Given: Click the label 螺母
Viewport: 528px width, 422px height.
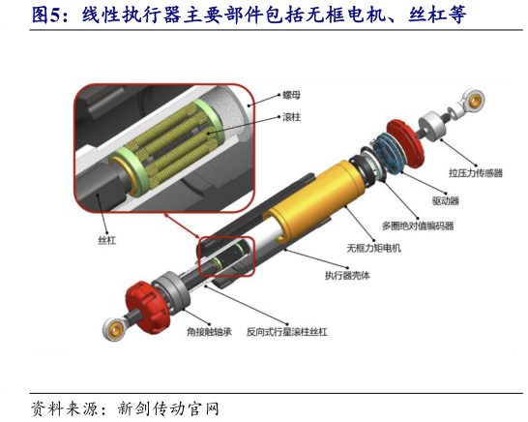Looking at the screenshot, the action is (291, 96).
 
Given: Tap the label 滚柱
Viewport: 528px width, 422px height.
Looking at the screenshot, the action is (291, 117).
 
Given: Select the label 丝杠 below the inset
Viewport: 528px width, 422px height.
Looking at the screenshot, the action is (107, 240).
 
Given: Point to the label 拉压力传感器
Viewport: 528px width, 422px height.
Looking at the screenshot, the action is (476, 173).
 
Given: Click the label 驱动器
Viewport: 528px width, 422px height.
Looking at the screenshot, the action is (446, 201).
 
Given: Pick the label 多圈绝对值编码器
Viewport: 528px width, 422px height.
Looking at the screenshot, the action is (418, 226).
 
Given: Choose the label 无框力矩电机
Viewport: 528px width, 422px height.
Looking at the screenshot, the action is (374, 248).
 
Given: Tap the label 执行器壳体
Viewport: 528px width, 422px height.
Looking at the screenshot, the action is (347, 276).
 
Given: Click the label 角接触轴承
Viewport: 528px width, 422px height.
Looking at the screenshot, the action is (210, 332).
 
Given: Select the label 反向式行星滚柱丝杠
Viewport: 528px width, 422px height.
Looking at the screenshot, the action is (287, 332).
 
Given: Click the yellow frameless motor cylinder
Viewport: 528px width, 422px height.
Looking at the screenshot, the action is (316, 198).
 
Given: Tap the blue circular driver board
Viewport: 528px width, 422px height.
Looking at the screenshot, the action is (390, 153).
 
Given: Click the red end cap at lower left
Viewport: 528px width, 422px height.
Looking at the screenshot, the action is (148, 307).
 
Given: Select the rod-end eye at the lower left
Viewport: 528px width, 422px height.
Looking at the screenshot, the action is (115, 329).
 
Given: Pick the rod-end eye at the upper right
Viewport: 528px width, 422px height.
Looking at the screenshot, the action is (474, 100).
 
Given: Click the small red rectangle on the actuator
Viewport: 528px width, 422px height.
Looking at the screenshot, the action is (226, 256).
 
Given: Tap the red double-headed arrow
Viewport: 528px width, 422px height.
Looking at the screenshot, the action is (181, 226).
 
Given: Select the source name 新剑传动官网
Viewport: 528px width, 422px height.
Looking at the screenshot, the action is (168, 408).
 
